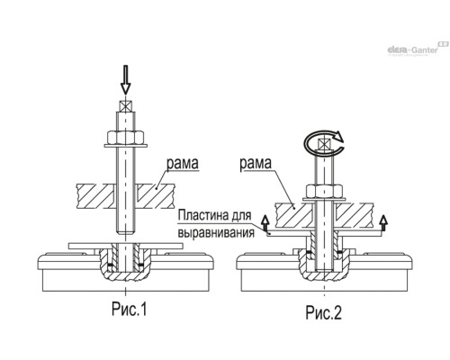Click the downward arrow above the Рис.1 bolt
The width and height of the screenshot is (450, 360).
click(x=126, y=79)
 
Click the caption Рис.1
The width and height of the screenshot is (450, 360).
click(x=130, y=309)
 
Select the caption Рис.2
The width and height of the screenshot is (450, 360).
click(x=323, y=312)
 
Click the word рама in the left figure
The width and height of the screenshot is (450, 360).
click(x=183, y=164)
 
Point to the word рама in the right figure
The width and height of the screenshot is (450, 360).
click(x=256, y=164)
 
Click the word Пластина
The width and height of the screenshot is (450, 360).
click(x=203, y=215)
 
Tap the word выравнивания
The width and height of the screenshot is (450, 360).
click(x=216, y=233)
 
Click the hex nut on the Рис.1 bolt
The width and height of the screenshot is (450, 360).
click(x=126, y=138)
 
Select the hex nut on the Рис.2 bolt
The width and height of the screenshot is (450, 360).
click(x=324, y=192)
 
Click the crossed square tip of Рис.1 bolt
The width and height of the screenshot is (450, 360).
click(x=126, y=106)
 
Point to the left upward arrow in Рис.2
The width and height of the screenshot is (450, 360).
click(x=265, y=222)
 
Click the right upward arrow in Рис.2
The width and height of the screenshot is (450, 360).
click(x=383, y=222)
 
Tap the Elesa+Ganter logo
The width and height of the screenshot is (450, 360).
click(x=418, y=49)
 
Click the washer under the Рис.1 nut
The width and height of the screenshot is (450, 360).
click(x=126, y=146)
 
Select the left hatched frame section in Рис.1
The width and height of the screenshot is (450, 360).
click(x=95, y=196)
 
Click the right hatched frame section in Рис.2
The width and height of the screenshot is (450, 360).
click(x=355, y=215)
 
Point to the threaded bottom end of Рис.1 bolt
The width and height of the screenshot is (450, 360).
click(x=126, y=231)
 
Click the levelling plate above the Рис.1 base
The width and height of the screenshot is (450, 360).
click(x=126, y=246)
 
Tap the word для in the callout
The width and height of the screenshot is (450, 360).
click(x=242, y=216)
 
